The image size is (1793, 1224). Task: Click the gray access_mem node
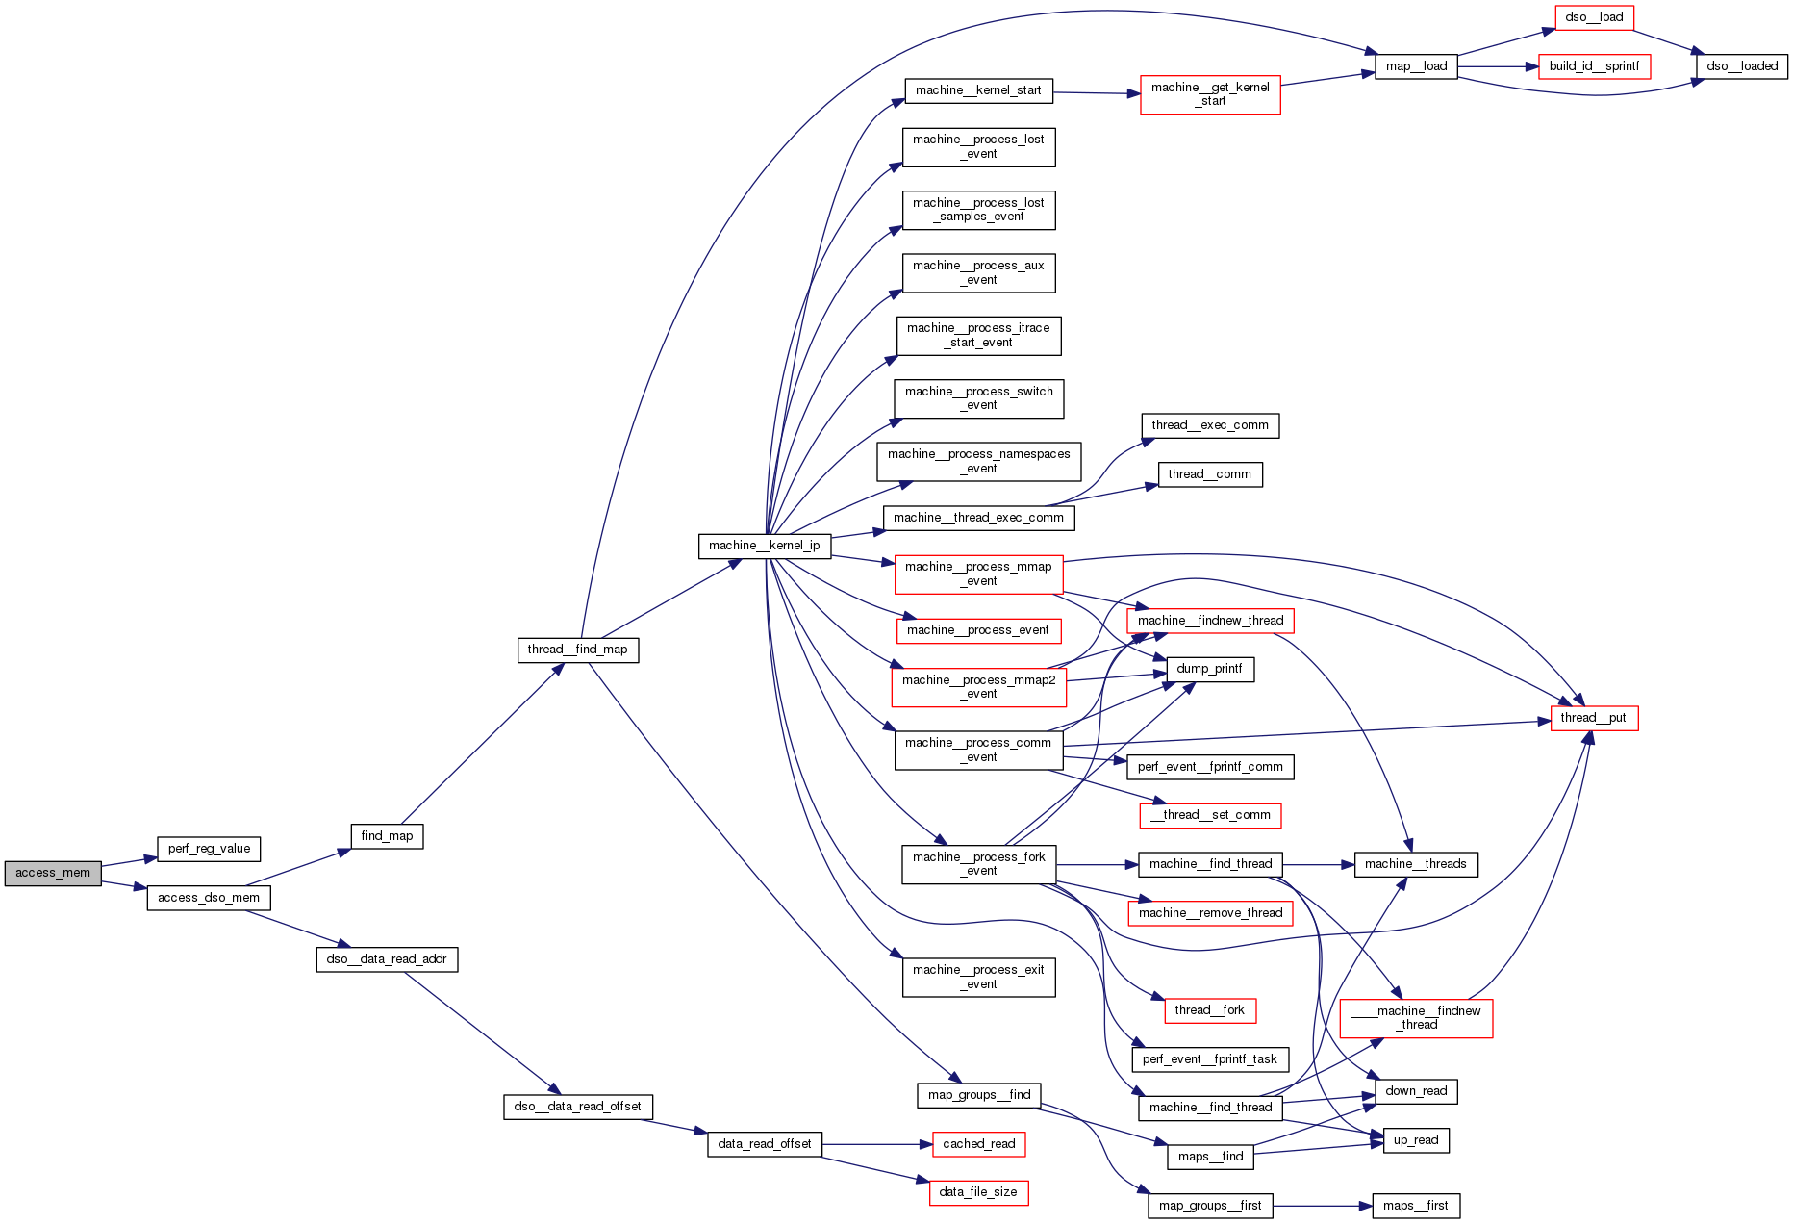click(x=53, y=873)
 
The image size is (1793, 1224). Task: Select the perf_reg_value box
click(x=209, y=849)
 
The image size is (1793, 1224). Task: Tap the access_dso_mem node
click(x=209, y=898)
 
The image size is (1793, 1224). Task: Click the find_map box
click(x=387, y=836)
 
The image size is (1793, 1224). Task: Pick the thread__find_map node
click(x=577, y=650)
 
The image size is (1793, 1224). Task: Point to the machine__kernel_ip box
click(x=764, y=546)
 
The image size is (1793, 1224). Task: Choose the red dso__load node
click(x=1594, y=17)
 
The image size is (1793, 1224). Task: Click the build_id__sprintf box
click(x=1594, y=66)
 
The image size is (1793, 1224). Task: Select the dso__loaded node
click(x=1742, y=66)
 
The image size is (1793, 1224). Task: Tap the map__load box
click(x=1416, y=66)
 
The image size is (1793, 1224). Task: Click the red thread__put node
click(x=1593, y=718)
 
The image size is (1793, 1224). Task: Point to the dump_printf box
click(x=1209, y=669)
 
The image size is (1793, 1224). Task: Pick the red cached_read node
click(x=978, y=1144)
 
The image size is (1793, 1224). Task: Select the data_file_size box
click(x=978, y=1192)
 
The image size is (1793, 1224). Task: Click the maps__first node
click(x=1415, y=1206)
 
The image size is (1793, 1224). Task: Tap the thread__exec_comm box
click(x=1209, y=425)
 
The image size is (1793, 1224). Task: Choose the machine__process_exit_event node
click(x=978, y=977)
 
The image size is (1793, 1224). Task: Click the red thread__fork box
click(x=1209, y=1010)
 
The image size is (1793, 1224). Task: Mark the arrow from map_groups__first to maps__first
click(x=1323, y=1206)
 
